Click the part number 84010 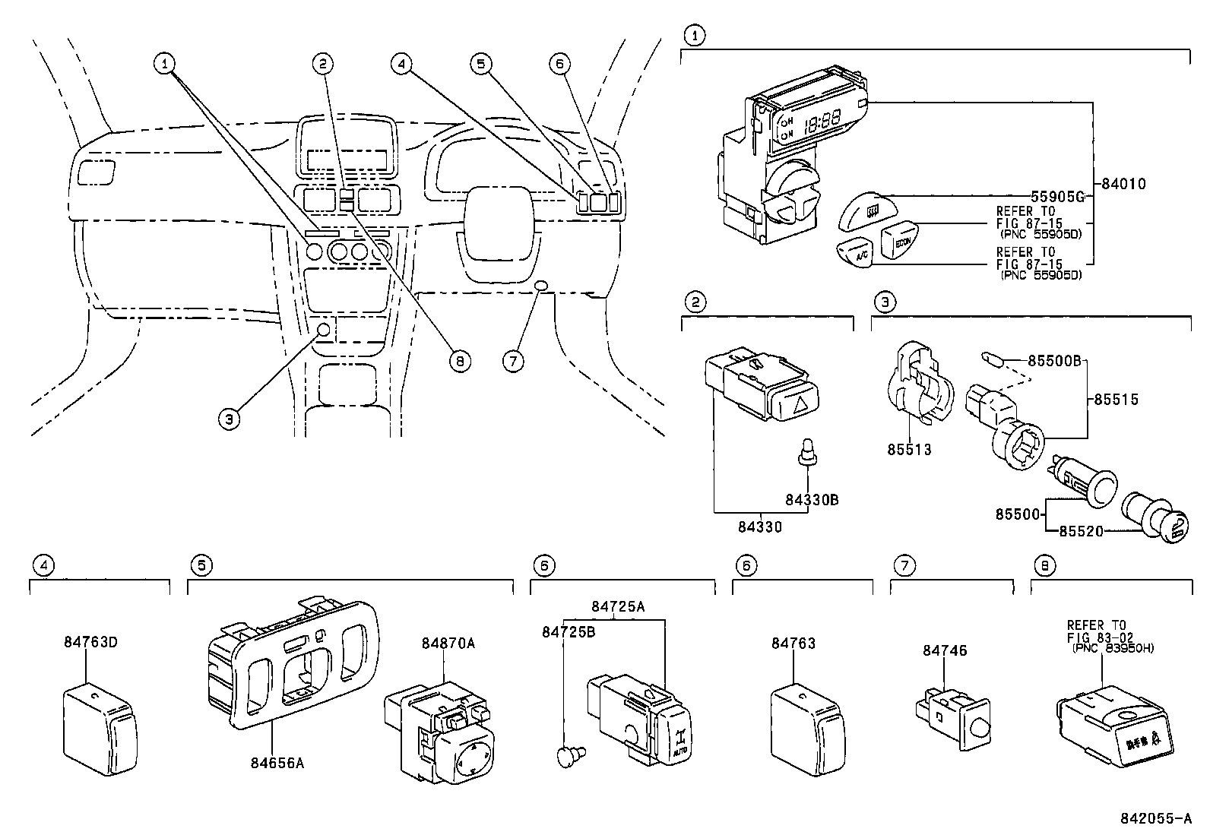coord(1123,183)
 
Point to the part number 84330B coord(812,500)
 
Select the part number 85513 coord(908,449)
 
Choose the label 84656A coord(277,762)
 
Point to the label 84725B coord(568,631)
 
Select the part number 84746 coord(945,650)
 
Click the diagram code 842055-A coord(1155,818)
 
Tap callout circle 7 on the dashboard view coord(514,360)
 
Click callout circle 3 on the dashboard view coord(230,417)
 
